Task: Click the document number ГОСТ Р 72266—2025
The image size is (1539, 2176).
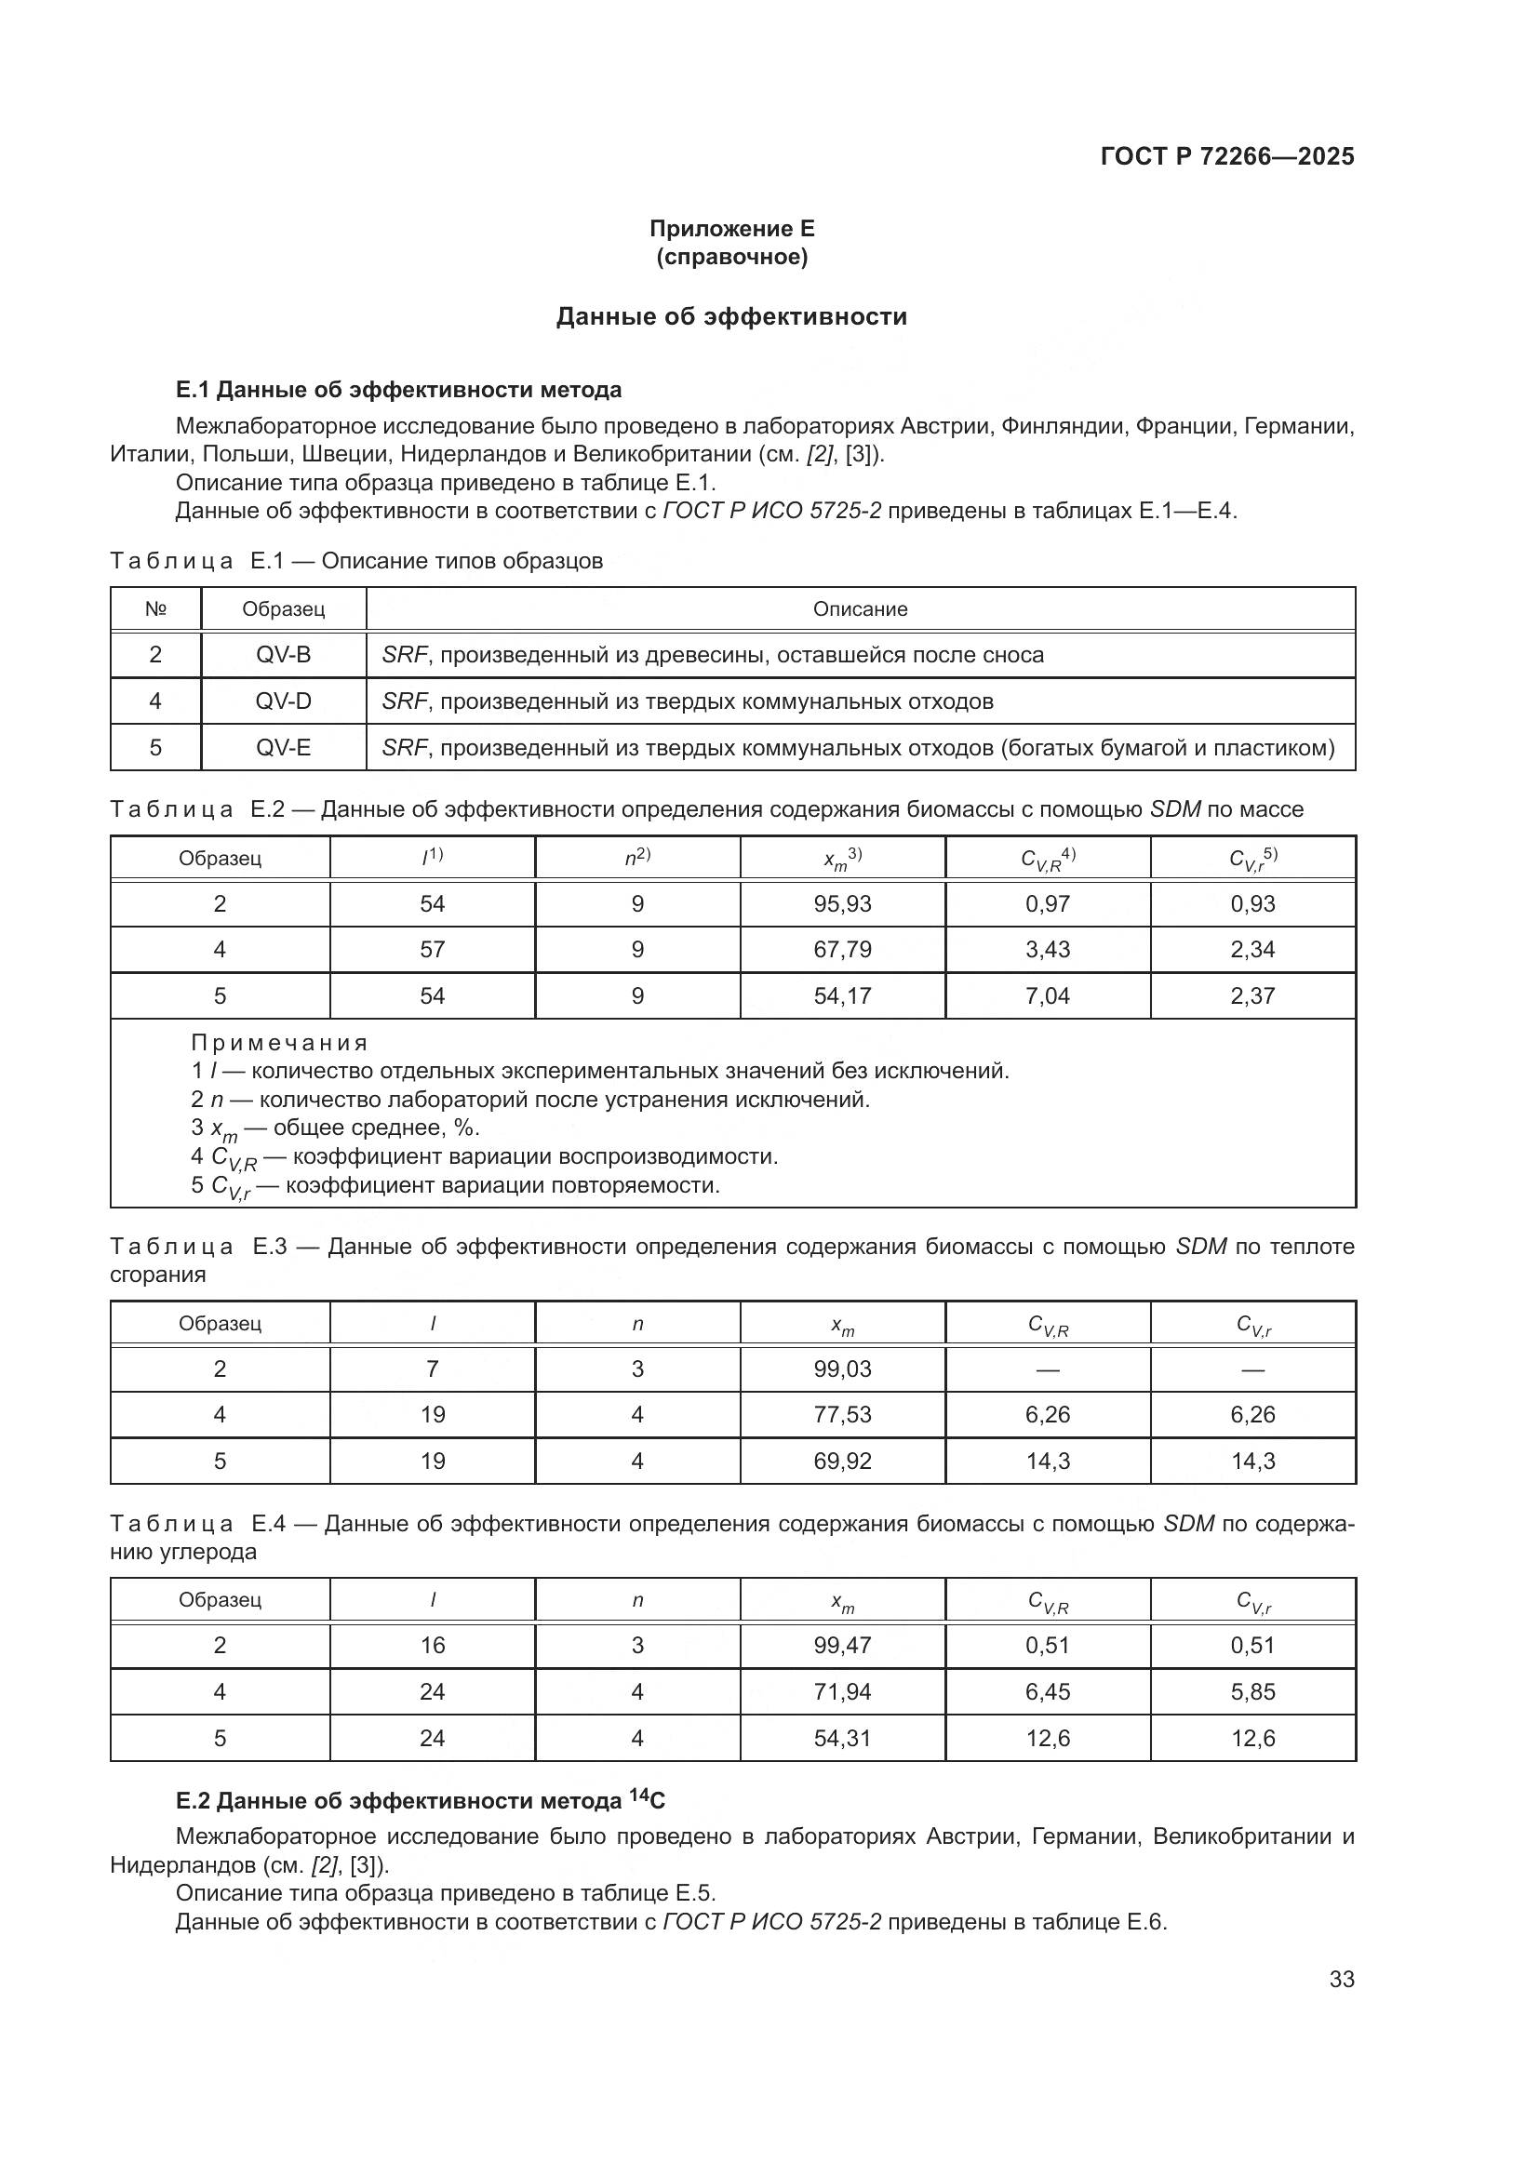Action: point(1227,156)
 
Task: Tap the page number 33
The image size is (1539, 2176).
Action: point(1341,1979)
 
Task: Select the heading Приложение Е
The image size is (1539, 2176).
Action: point(731,229)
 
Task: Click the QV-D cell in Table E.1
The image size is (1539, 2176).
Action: point(283,701)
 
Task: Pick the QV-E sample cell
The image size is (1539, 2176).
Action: point(283,748)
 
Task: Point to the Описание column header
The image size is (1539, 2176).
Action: point(860,609)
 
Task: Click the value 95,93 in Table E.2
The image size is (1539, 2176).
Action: point(841,903)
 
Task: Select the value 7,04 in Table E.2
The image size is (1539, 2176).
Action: point(1047,995)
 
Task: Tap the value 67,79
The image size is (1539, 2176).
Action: point(841,950)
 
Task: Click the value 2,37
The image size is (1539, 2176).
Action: point(1251,995)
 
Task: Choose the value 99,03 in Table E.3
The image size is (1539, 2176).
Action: point(841,1368)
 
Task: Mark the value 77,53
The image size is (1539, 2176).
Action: point(841,1414)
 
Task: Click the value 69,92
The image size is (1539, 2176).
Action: point(841,1461)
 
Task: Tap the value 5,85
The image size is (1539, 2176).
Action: point(1251,1690)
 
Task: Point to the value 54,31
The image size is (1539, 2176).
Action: point(841,1737)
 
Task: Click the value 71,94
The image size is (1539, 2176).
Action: point(841,1690)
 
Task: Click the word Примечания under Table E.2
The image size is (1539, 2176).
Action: point(278,1044)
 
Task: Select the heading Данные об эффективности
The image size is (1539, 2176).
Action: point(730,316)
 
